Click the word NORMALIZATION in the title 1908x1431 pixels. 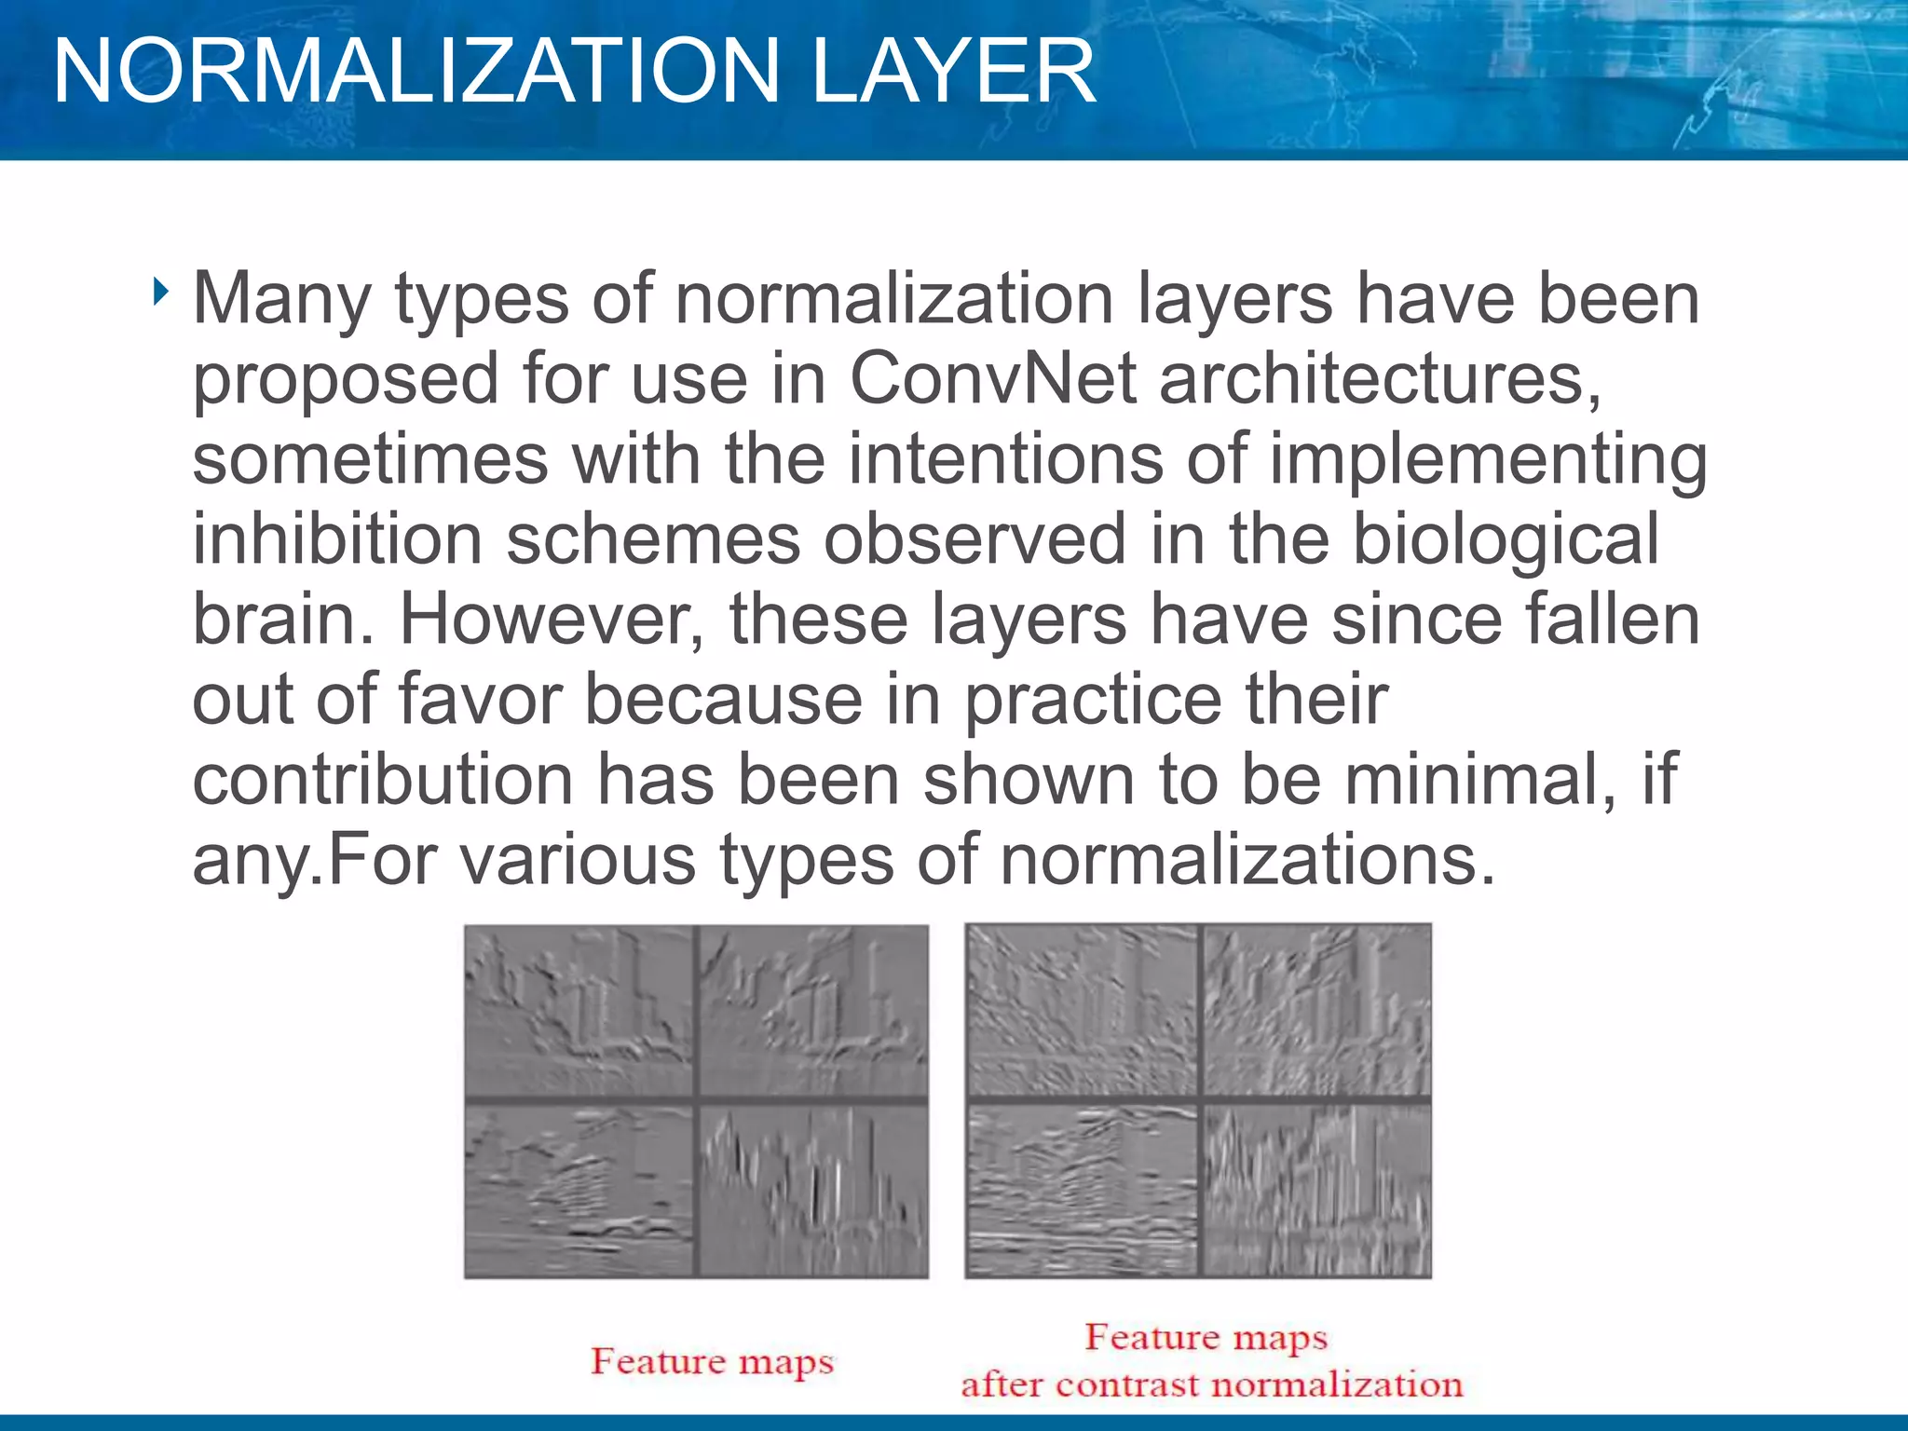pos(415,72)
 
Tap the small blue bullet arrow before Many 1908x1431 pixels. pos(161,293)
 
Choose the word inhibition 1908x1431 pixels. pos(337,540)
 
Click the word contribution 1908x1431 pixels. pos(382,780)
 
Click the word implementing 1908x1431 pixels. pos(1488,460)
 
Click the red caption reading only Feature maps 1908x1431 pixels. pos(712,1361)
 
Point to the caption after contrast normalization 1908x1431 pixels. pos(1211,1384)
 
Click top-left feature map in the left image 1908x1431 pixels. pos(579,1010)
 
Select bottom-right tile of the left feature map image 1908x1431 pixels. pos(813,1190)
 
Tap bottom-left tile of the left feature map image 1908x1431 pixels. pos(579,1190)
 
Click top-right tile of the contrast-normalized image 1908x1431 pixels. pos(1315,1010)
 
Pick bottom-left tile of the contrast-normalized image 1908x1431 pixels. pos(1082,1190)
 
